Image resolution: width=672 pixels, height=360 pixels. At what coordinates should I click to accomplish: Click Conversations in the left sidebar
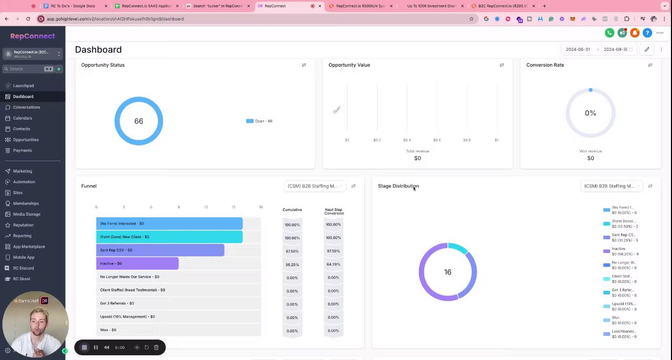click(x=26, y=107)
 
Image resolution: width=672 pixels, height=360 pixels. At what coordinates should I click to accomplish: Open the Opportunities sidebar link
click(x=26, y=140)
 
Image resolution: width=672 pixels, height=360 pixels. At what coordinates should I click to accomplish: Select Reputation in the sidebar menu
click(x=23, y=225)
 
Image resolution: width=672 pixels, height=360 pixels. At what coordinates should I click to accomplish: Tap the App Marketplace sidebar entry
click(x=29, y=247)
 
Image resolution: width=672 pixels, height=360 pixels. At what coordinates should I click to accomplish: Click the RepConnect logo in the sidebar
click(x=33, y=36)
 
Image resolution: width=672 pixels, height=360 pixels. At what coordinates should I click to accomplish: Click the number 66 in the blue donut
click(x=139, y=121)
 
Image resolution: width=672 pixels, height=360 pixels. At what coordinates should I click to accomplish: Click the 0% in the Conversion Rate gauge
click(x=590, y=113)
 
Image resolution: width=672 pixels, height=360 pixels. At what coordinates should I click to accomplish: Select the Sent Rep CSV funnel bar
click(x=160, y=250)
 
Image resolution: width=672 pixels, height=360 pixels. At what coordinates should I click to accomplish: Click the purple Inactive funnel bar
click(x=137, y=263)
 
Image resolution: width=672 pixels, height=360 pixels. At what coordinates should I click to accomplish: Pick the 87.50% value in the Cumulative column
click(x=292, y=251)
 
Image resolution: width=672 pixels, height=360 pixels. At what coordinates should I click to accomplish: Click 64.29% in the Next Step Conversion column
click(x=333, y=264)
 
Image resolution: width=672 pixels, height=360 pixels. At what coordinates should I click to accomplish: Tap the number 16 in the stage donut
click(x=447, y=272)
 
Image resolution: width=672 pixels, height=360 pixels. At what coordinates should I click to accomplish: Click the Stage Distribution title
click(x=398, y=186)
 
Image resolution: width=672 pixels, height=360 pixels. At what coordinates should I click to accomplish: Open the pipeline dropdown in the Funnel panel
click(x=315, y=186)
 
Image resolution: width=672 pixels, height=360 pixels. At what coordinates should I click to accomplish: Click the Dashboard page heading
click(x=98, y=50)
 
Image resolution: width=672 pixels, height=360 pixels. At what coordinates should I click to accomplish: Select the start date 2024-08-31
click(x=577, y=50)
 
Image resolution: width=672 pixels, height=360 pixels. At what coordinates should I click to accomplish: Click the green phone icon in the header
click(x=609, y=33)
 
